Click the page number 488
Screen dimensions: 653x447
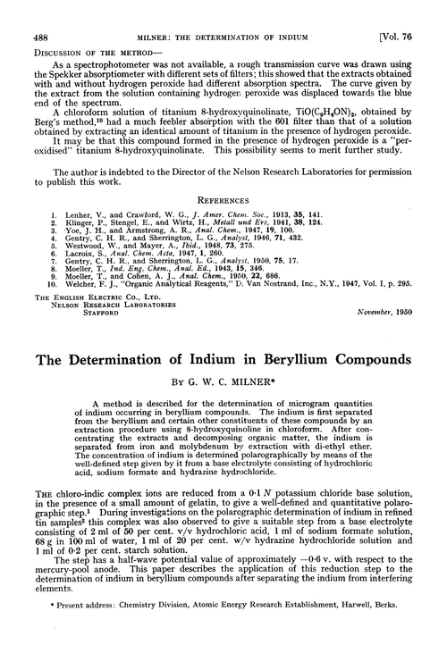(x=29, y=11)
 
